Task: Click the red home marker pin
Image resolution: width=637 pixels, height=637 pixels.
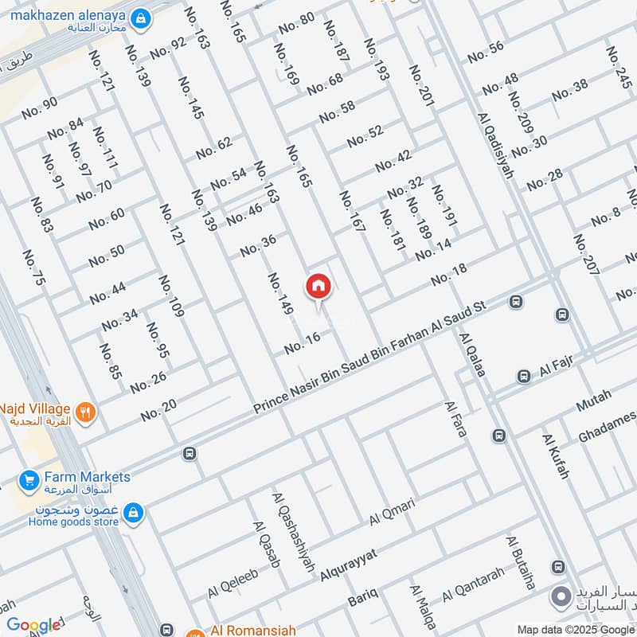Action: [318, 285]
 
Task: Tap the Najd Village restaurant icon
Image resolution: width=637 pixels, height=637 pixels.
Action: [87, 412]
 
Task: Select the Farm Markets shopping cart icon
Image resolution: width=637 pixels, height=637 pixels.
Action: [29, 480]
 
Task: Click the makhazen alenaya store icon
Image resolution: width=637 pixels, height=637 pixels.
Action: [140, 18]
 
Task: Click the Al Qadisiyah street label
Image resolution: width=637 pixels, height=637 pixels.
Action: [496, 145]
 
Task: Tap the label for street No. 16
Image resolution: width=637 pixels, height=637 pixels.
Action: [302, 343]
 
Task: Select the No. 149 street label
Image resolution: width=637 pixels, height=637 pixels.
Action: [280, 296]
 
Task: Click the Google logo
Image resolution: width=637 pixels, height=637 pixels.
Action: [33, 625]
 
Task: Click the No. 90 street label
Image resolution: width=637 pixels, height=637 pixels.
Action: [40, 107]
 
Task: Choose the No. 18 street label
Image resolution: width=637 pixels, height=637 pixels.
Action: [449, 276]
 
